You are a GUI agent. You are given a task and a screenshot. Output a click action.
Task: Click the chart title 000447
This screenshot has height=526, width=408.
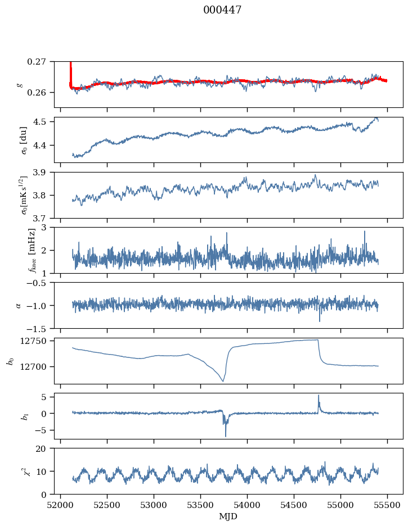(x=222, y=10)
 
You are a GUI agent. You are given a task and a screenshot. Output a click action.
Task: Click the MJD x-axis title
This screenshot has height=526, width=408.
(x=228, y=516)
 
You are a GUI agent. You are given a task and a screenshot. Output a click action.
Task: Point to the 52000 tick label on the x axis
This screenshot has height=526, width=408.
(x=61, y=505)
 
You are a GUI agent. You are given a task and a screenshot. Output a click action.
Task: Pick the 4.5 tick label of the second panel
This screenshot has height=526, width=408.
(x=43, y=122)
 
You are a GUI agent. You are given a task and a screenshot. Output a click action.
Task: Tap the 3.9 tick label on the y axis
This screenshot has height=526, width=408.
(x=43, y=172)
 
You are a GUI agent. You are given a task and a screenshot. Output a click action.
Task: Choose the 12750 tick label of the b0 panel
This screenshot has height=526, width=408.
(x=38, y=341)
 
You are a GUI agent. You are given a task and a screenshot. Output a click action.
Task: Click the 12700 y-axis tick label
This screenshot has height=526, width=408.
(x=38, y=367)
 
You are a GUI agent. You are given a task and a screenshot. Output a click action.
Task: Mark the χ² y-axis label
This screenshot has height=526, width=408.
(x=17, y=471)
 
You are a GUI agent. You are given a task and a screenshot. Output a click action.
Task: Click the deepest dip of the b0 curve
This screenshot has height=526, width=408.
(x=223, y=382)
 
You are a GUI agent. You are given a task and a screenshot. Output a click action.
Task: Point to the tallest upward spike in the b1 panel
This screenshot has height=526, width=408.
(x=319, y=395)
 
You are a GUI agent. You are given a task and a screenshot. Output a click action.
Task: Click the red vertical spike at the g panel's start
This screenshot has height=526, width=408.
(x=70, y=70)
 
